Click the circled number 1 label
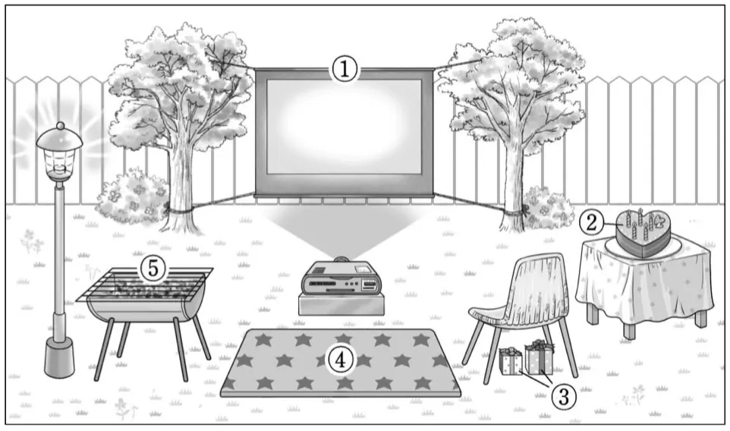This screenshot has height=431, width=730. (344, 70)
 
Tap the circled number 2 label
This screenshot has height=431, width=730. (591, 222)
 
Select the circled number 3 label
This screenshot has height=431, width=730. (563, 397)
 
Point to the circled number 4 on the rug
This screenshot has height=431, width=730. (341, 360)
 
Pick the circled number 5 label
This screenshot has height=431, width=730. (153, 269)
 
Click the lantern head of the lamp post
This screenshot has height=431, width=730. (60, 153)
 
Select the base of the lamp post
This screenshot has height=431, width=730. (59, 357)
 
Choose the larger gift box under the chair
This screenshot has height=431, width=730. (539, 357)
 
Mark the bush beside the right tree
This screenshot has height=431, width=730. (548, 208)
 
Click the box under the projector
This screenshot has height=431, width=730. (341, 304)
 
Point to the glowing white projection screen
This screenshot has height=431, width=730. (344, 127)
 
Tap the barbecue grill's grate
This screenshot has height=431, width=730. (145, 285)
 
